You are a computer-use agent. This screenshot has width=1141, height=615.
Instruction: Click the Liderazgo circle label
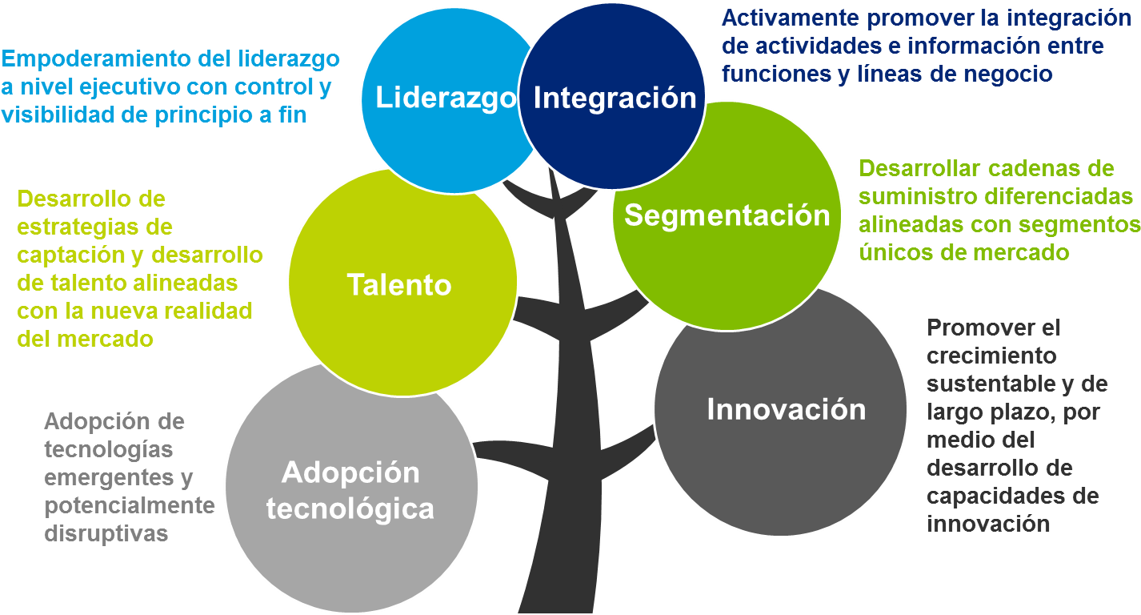click(x=446, y=98)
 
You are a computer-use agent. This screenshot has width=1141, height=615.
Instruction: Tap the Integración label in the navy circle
click(x=615, y=98)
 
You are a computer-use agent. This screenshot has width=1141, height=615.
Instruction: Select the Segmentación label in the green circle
click(x=727, y=215)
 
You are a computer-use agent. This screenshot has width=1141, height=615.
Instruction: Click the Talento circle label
click(x=399, y=284)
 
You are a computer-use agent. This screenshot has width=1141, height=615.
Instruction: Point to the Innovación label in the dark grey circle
click(x=786, y=409)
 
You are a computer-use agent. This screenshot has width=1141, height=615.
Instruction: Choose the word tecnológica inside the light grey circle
click(x=350, y=509)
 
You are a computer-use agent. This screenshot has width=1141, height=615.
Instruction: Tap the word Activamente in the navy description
click(x=790, y=18)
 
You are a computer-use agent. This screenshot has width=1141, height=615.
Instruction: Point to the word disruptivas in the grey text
click(x=106, y=534)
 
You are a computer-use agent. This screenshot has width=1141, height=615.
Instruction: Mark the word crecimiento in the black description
click(x=991, y=356)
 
